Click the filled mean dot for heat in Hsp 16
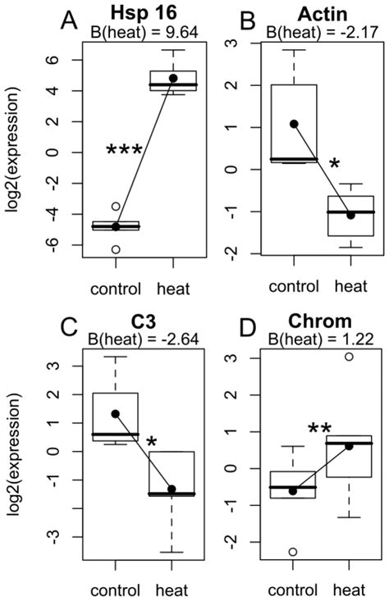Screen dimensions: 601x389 [x=173, y=78]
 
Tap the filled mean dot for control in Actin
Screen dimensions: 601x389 [x=294, y=124]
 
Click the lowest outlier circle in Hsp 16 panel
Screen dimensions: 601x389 [x=116, y=249]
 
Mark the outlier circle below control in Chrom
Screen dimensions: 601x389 [x=294, y=552]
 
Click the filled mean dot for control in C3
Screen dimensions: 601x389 [x=116, y=414]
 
